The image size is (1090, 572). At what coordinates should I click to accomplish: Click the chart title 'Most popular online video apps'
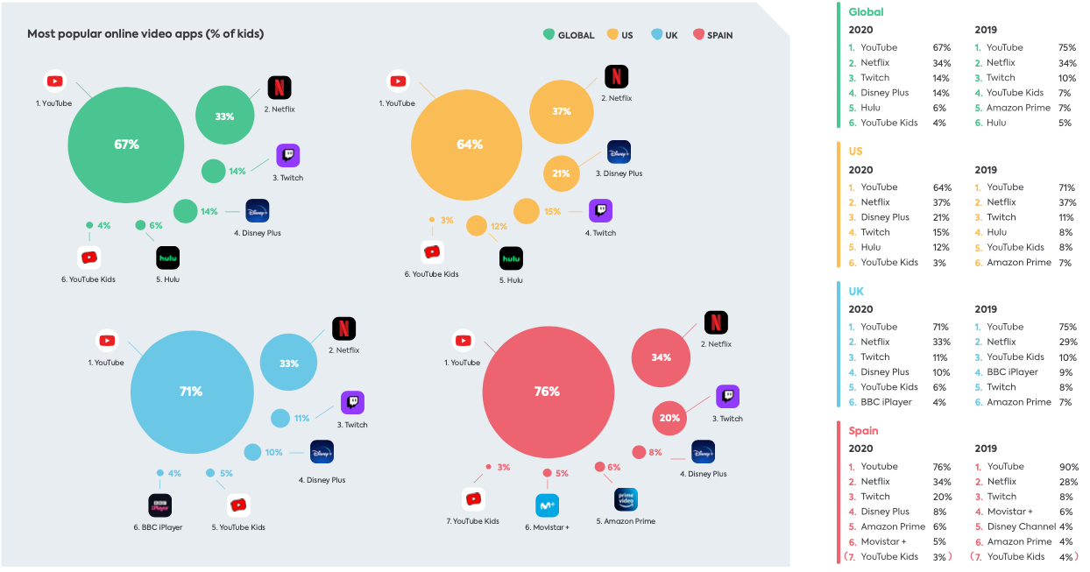click(145, 34)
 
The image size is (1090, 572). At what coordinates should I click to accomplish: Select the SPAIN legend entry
click(713, 35)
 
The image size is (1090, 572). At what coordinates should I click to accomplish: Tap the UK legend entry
click(665, 35)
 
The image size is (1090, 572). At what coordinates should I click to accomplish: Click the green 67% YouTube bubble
click(126, 145)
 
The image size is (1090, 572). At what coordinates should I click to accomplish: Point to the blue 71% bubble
click(190, 392)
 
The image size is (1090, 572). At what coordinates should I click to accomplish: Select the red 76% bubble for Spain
click(546, 392)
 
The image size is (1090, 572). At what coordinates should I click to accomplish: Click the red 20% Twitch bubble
click(669, 418)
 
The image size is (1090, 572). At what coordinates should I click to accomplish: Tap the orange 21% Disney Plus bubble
click(561, 173)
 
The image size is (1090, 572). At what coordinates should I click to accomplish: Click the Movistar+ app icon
click(547, 505)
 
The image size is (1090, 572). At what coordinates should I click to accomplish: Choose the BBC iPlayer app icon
click(159, 505)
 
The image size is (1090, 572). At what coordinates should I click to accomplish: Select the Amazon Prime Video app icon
click(626, 499)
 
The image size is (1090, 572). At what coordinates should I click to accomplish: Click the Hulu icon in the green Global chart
click(168, 258)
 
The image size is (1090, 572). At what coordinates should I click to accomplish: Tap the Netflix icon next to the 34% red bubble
click(716, 322)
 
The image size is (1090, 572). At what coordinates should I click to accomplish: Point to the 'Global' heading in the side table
click(866, 12)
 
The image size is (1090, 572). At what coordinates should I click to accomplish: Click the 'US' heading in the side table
click(855, 152)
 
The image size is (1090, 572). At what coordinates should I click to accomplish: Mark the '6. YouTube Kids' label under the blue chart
click(237, 527)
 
